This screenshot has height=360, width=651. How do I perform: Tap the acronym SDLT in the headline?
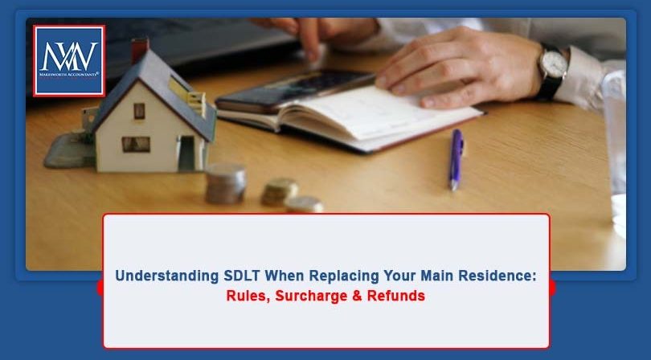pyautogui.click(x=244, y=276)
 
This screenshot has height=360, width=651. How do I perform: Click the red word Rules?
pyautogui.click(x=247, y=296)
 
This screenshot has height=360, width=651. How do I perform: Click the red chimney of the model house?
pyautogui.click(x=140, y=51)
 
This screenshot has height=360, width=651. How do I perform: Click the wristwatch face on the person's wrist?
pyautogui.click(x=552, y=63)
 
